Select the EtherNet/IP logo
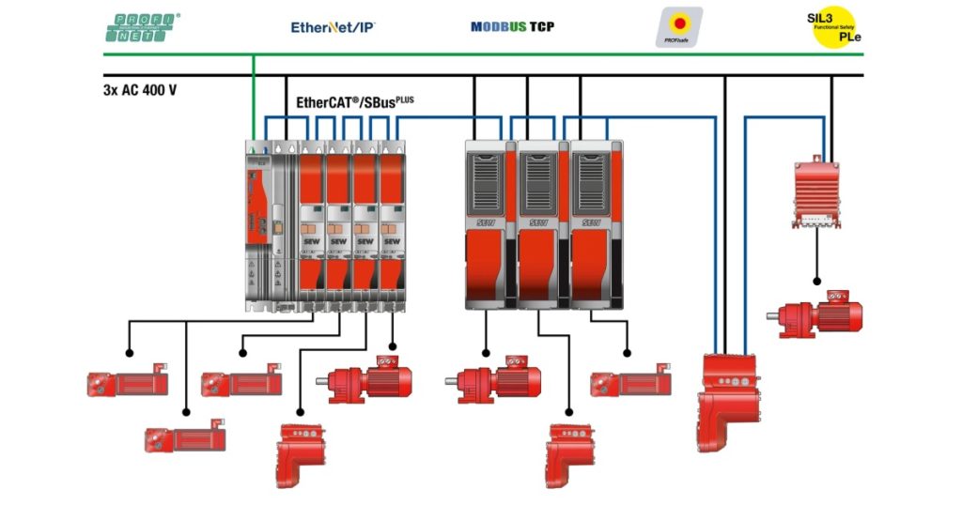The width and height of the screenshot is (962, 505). (333, 27)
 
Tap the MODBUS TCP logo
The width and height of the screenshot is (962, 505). (512, 26)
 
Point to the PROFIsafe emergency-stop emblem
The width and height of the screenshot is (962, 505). (677, 27)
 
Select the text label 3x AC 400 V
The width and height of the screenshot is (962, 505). (140, 91)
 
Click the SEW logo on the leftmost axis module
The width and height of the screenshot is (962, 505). (312, 239)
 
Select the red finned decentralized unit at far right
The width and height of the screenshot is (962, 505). (815, 193)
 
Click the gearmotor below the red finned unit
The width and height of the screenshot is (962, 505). (815, 314)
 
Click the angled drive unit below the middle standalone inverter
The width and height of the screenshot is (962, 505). (571, 454)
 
